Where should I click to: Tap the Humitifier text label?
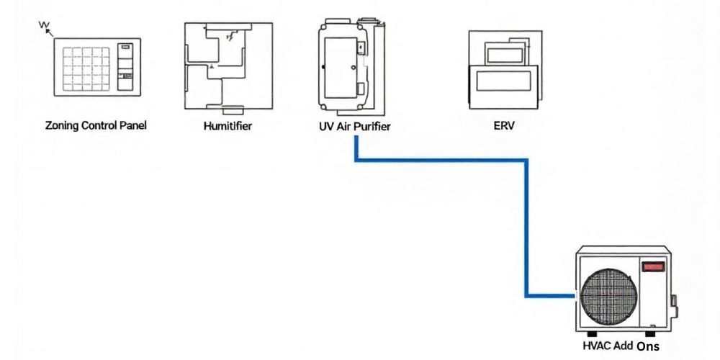228,126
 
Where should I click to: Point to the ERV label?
504,125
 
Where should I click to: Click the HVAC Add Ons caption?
620,346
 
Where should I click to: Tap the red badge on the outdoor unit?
653,266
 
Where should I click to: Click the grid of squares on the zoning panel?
85,68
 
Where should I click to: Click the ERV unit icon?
504,68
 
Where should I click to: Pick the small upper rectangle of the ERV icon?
506,53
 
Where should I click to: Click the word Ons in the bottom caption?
647,346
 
